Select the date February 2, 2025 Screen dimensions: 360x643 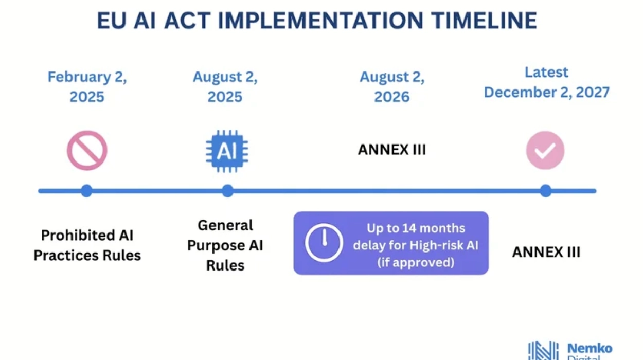(x=87, y=86)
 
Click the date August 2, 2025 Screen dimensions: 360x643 (x=225, y=86)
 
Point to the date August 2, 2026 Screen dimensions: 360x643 (x=392, y=86)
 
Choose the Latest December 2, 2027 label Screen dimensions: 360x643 (x=546, y=82)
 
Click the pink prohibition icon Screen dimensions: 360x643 (x=87, y=151)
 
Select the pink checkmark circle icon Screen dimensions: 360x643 (x=545, y=150)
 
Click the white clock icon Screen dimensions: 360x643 (x=324, y=242)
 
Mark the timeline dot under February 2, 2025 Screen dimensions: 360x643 (x=86, y=191)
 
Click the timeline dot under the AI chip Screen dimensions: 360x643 (x=227, y=191)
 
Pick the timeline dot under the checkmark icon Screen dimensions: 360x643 (x=546, y=191)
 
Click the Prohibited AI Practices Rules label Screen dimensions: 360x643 (x=87, y=245)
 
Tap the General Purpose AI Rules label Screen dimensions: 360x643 (x=225, y=245)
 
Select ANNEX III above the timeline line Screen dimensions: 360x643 (x=392, y=150)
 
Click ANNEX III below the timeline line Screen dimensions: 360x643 (x=546, y=253)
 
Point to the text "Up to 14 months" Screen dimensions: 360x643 (x=416, y=228)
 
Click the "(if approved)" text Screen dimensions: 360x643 (x=416, y=262)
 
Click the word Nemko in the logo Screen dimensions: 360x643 (x=590, y=348)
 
